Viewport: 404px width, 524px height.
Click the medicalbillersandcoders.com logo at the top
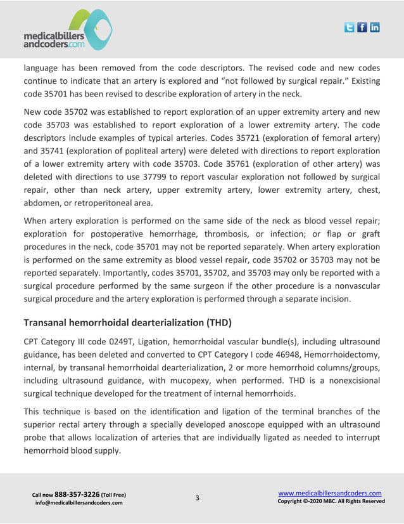[x=67, y=30]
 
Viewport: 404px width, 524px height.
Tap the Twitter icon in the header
[x=350, y=27]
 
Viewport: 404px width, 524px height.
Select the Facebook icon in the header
[x=362, y=27]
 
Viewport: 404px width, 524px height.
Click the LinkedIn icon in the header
[x=375, y=27]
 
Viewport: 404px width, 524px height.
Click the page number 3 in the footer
[x=197, y=497]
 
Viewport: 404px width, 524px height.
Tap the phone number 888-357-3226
[x=77, y=494]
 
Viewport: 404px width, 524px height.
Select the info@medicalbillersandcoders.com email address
[x=79, y=503]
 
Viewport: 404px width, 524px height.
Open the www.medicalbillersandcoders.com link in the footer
[x=330, y=493]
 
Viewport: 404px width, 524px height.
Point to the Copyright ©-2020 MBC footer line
[x=331, y=501]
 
